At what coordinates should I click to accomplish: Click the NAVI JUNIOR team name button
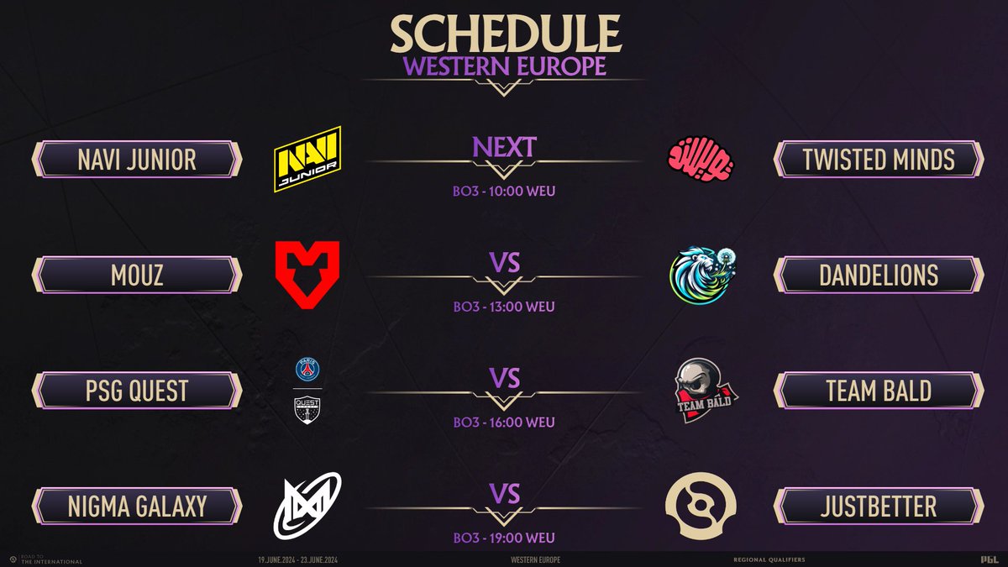pos(137,159)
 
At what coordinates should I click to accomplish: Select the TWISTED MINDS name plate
pos(878,159)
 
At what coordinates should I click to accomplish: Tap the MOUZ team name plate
pos(137,275)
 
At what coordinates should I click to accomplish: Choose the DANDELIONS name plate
pos(878,275)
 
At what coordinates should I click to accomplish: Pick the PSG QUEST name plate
pos(137,391)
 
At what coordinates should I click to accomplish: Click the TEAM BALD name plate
pos(878,391)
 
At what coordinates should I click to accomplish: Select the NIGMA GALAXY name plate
pos(137,507)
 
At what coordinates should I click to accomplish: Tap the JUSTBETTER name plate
pos(878,507)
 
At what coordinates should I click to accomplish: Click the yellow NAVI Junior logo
pos(307,159)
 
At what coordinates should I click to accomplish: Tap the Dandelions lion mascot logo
pos(700,274)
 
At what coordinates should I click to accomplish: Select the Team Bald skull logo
pos(700,389)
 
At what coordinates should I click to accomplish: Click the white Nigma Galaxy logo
pos(307,506)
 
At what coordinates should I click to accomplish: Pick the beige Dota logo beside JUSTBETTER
pos(700,506)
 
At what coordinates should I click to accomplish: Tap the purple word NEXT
pos(504,146)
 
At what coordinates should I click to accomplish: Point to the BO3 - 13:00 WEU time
pos(504,307)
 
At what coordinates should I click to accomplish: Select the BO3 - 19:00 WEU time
pos(504,538)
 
